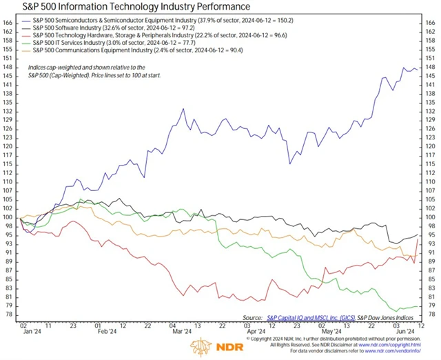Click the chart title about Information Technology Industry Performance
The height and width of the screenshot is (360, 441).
click(x=127, y=8)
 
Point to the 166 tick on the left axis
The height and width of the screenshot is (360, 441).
click(x=9, y=23)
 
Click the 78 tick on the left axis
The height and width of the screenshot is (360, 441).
click(x=9, y=314)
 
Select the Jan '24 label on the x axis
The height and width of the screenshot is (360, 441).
click(x=30, y=331)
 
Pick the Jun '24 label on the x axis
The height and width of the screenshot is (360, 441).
click(x=403, y=331)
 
